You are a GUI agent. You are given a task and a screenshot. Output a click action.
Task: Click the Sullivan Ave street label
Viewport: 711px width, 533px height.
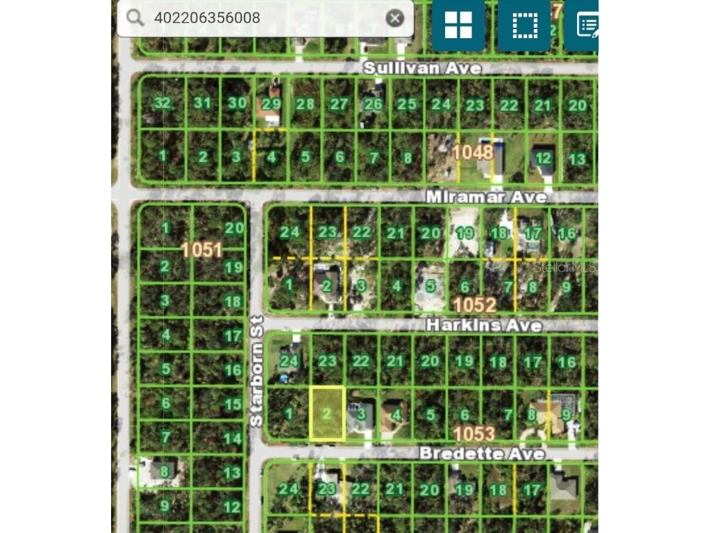click(x=423, y=68)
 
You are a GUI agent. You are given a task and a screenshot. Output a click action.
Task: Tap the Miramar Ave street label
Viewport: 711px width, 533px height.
click(x=486, y=198)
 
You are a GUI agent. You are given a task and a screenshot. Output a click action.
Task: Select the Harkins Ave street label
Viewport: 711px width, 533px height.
click(x=484, y=325)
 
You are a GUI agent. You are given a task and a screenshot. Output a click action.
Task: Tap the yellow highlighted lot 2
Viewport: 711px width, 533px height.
click(x=327, y=414)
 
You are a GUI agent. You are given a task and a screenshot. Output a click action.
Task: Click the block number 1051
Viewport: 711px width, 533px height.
click(x=201, y=250)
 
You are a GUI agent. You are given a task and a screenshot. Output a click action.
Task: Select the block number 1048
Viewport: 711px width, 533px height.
click(x=473, y=152)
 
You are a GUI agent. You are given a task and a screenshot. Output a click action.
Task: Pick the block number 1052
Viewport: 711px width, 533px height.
click(x=474, y=305)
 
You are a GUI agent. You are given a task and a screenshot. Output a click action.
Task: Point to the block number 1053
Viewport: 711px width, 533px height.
click(x=474, y=434)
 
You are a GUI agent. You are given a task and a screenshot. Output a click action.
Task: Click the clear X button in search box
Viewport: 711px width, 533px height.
click(x=395, y=18)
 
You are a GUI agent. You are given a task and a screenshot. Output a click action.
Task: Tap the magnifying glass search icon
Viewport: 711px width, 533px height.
click(x=135, y=18)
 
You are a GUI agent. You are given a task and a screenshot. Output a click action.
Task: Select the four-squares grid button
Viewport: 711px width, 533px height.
click(x=458, y=26)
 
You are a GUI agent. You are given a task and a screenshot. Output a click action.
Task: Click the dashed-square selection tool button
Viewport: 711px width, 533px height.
click(x=525, y=26)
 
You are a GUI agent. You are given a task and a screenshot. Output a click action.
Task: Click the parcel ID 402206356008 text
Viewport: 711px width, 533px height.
click(x=208, y=18)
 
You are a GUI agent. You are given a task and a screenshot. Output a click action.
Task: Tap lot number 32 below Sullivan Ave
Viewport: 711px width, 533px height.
click(x=162, y=103)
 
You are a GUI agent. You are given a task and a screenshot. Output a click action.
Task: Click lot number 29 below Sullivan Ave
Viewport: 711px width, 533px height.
click(x=271, y=104)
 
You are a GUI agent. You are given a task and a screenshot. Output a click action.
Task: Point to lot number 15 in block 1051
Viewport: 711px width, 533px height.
click(x=233, y=404)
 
